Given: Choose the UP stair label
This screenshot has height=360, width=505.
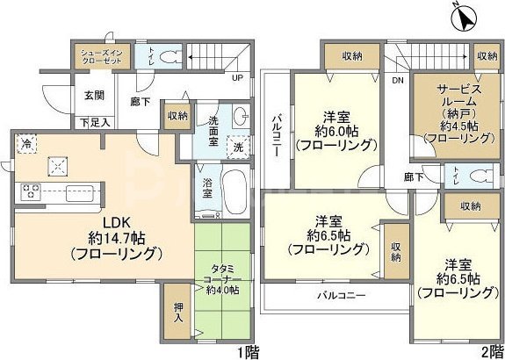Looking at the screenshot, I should point(236,77).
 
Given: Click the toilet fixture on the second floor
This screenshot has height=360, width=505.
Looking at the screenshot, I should point(478,176).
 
